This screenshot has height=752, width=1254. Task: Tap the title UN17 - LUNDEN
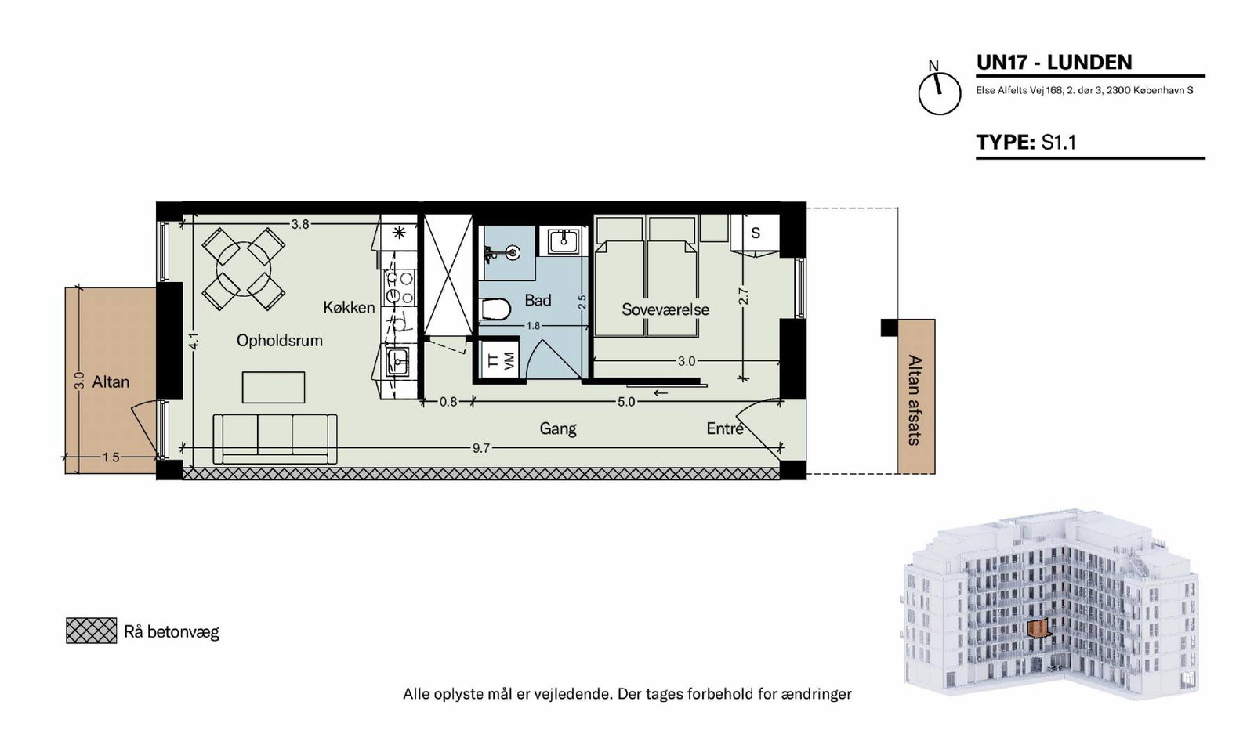[1054, 62]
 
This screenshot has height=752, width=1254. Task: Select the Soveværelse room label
[665, 309]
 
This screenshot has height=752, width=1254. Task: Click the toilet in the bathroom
[496, 309]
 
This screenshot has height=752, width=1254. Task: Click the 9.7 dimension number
[481, 447]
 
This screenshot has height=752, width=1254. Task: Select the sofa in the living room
[275, 439]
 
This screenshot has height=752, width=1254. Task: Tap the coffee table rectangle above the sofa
[274, 387]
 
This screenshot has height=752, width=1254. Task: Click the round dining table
[244, 269]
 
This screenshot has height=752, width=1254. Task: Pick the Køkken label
[349, 307]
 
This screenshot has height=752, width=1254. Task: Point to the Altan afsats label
[915, 400]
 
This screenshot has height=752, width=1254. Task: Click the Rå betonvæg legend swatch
[91, 631]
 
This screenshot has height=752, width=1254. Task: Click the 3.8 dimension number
[300, 224]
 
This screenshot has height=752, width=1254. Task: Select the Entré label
[725, 428]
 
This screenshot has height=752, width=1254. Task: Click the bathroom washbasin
[560, 241]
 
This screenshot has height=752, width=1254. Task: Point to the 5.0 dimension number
[626, 402]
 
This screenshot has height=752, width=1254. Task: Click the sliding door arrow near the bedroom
[661, 392]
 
